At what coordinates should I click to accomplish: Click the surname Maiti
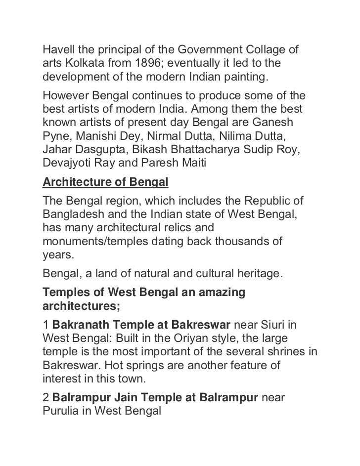click(x=195, y=163)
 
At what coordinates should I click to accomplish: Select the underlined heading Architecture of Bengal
click(x=106, y=183)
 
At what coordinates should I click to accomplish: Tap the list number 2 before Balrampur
click(x=46, y=396)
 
